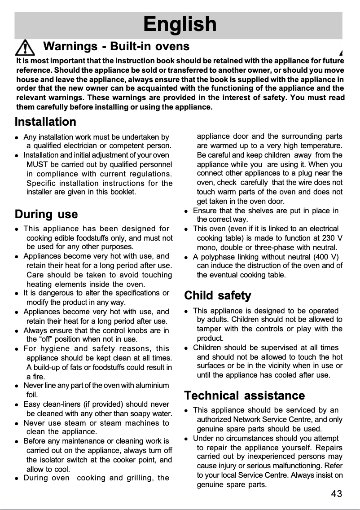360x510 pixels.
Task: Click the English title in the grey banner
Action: click(x=180, y=24)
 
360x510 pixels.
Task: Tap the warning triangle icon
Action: click(x=27, y=48)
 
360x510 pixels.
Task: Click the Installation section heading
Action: click(x=45, y=122)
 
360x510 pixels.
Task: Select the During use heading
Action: click(x=46, y=214)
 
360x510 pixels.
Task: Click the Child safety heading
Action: click(x=218, y=296)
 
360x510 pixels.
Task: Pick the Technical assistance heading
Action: click(x=245, y=396)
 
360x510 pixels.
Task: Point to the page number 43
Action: click(x=336, y=494)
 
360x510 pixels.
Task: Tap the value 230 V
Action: click(x=332, y=238)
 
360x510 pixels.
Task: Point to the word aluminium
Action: click(x=150, y=386)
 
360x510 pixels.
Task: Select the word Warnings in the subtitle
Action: click(x=70, y=46)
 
